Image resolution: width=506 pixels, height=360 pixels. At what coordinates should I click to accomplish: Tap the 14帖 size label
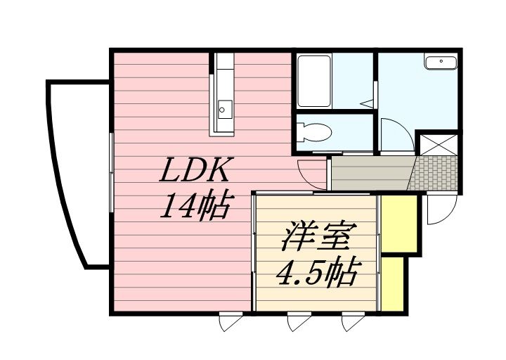(x=195, y=206)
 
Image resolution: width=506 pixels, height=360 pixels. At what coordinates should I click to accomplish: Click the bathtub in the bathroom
(x=314, y=81)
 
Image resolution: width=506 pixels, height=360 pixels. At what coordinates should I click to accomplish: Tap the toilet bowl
(x=316, y=131)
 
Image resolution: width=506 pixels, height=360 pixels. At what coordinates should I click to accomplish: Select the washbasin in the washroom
(x=441, y=63)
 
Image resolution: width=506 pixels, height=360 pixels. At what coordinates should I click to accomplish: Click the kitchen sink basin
(x=225, y=108)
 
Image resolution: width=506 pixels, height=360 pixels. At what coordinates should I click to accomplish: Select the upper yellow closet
(x=399, y=223)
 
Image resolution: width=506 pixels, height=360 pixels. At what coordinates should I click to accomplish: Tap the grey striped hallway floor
(x=370, y=173)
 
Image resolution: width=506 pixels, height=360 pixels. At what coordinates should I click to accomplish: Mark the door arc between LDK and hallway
(x=311, y=174)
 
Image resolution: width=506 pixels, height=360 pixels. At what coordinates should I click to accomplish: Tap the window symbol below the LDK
(x=230, y=321)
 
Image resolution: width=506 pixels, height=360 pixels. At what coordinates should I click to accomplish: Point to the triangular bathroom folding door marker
(x=367, y=103)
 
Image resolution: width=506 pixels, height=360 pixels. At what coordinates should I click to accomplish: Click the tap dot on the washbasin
(x=441, y=61)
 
